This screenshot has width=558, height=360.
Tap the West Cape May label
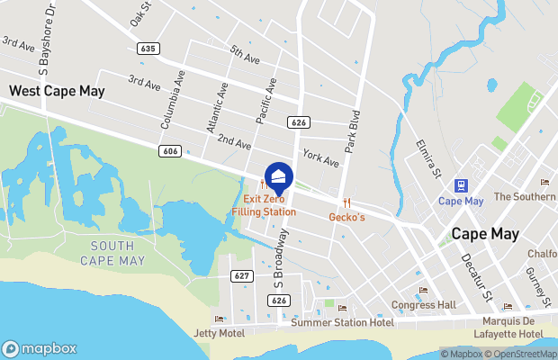[57, 91]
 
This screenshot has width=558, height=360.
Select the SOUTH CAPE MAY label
[112, 253]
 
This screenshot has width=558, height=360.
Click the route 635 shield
[148, 48]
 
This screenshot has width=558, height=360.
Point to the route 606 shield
[171, 151]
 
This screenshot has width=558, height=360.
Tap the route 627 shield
[240, 275]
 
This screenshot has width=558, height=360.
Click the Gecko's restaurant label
[346, 217]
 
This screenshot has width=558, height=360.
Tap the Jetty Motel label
[219, 333]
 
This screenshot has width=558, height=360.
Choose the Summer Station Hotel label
[342, 322]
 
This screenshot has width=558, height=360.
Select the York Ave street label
[320, 158]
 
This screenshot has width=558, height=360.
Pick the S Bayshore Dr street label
[44, 37]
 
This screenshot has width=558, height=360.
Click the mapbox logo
[40, 348]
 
